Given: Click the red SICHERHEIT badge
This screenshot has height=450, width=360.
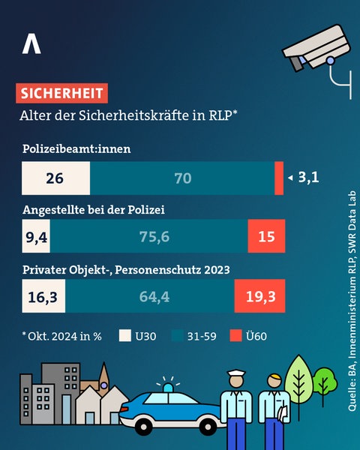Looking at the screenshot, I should (x=61, y=94).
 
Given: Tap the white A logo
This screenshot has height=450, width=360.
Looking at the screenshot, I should (x=31, y=44).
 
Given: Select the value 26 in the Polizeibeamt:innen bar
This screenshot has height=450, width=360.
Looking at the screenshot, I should (x=54, y=178).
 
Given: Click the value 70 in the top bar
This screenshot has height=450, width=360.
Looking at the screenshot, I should (x=182, y=178).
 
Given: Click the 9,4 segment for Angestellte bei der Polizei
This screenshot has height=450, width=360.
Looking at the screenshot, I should (x=36, y=237).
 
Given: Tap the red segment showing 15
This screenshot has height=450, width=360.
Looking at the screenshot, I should (x=266, y=237).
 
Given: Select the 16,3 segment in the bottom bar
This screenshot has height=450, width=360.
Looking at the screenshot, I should (x=43, y=297).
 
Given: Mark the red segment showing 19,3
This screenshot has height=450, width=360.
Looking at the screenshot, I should (x=260, y=297).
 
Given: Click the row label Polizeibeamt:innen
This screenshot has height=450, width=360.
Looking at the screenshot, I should (x=75, y=148).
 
